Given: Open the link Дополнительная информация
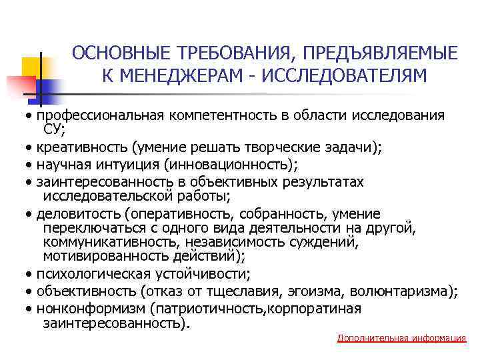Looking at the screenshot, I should [402, 338].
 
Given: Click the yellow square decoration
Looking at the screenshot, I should [35, 67].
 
